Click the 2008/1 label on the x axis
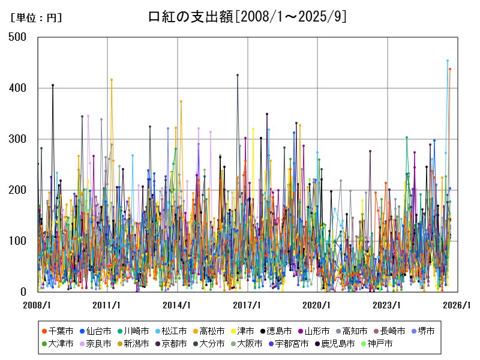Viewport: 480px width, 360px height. coord(38,305)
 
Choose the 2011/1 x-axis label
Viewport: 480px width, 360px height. coord(107,305)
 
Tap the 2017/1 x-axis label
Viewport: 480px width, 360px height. coord(247,305)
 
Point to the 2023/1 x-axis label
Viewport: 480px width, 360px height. coord(387,305)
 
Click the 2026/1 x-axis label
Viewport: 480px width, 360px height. coord(457,305)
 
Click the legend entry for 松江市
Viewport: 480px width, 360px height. coord(174,331)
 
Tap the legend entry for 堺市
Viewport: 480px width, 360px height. coord(422,331)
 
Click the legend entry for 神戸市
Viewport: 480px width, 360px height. coord(377,344)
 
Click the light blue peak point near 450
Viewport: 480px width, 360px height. coord(447,61)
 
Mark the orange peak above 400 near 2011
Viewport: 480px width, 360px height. coord(112,80)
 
